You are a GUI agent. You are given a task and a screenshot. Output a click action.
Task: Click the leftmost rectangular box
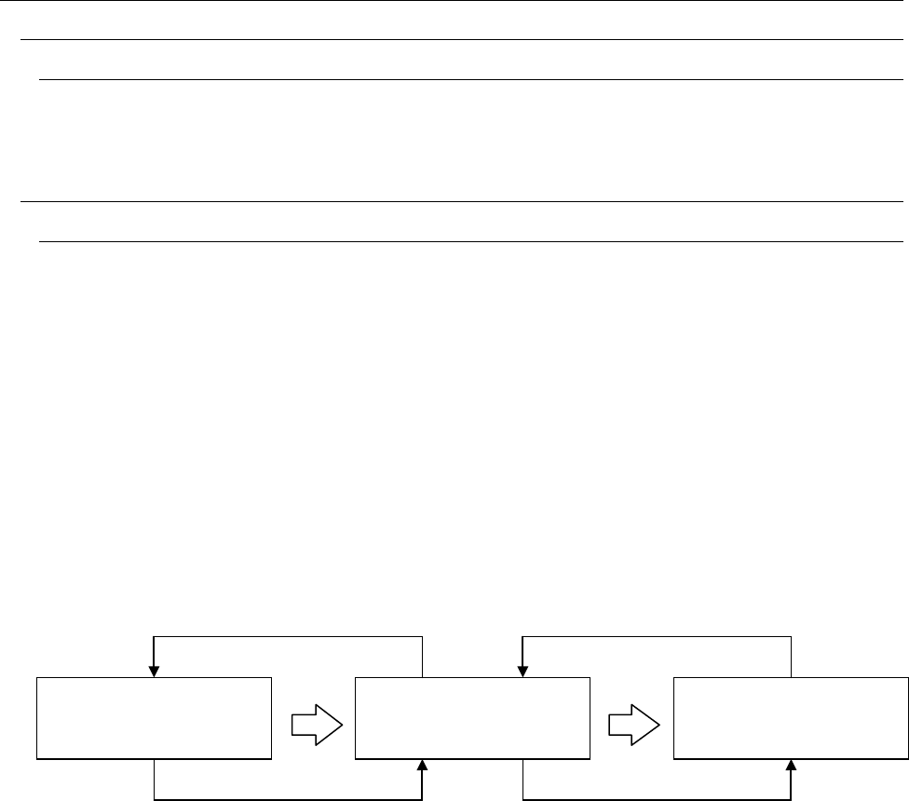click(x=154, y=718)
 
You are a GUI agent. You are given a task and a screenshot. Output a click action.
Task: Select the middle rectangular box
click(x=473, y=718)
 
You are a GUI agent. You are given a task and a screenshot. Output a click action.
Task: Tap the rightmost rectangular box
click(x=791, y=718)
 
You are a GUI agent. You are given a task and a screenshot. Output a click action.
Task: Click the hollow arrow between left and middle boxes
click(x=317, y=719)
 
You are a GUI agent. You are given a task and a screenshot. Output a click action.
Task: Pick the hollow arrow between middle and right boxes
click(x=634, y=719)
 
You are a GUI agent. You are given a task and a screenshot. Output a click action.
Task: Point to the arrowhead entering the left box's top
click(x=155, y=672)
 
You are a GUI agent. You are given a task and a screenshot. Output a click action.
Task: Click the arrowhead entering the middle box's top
click(x=524, y=672)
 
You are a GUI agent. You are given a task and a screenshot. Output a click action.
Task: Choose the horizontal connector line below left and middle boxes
click(x=289, y=799)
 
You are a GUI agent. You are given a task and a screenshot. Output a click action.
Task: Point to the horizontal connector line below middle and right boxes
click(x=658, y=799)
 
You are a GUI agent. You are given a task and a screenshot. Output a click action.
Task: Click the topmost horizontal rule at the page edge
click(x=454, y=1)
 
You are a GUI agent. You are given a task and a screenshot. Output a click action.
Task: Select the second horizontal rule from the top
click(x=462, y=40)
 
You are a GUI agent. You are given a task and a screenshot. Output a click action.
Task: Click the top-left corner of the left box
click(x=36, y=678)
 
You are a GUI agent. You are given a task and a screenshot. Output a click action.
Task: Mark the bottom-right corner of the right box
click(x=907, y=758)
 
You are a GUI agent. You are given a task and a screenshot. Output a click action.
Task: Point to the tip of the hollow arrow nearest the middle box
click(x=342, y=719)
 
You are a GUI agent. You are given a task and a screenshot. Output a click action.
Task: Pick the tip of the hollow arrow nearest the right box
click(x=659, y=719)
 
